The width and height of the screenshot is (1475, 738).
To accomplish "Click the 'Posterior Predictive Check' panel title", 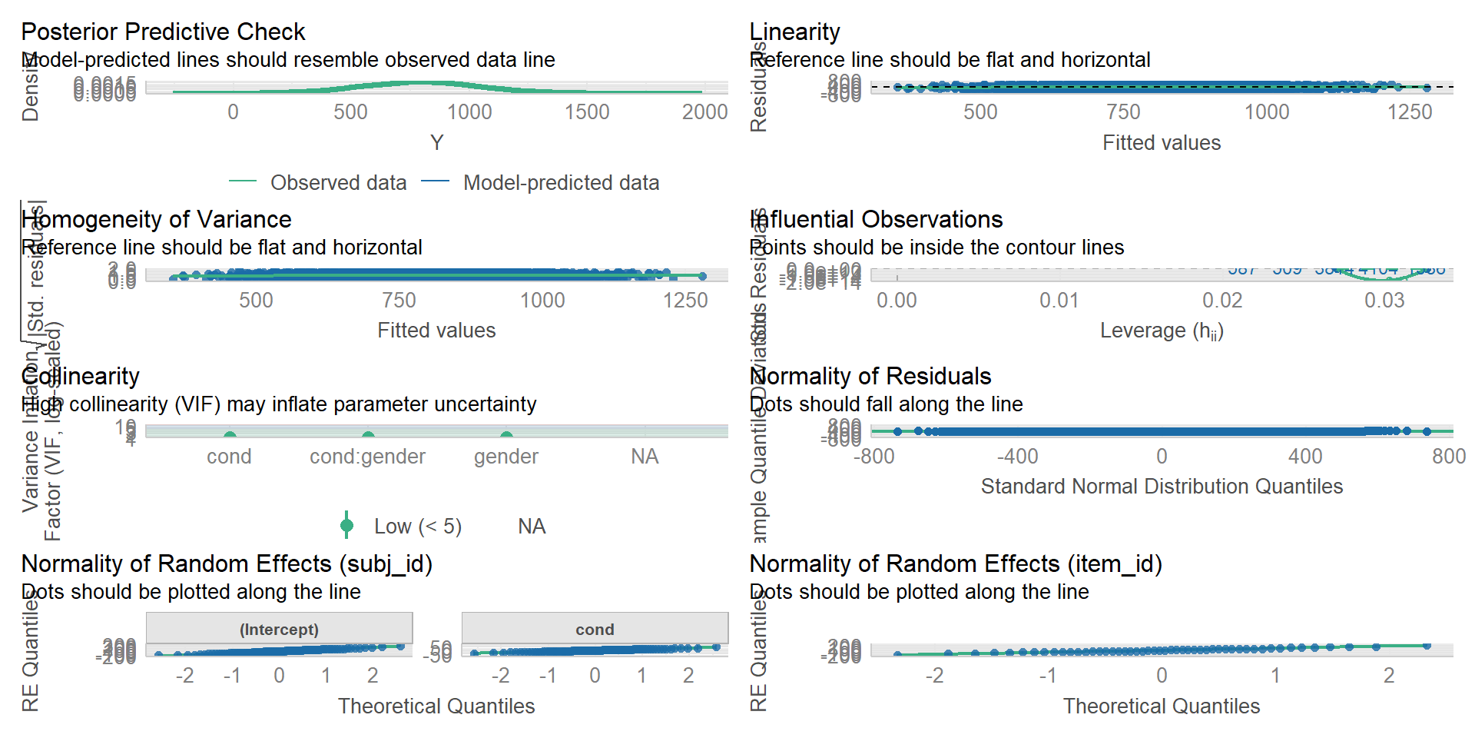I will (x=163, y=32).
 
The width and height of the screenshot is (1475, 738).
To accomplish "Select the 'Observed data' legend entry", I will (x=338, y=183).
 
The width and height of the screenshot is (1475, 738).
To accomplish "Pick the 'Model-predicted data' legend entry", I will (x=561, y=183).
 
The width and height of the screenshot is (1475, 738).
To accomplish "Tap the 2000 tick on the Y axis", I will (x=704, y=112).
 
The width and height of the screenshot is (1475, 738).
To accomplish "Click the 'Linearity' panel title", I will (x=794, y=32).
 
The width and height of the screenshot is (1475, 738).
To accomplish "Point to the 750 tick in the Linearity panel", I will (x=1123, y=112).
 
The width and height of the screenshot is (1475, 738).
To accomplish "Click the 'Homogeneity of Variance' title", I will (x=156, y=219).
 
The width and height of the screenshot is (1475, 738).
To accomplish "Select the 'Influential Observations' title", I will (x=876, y=219).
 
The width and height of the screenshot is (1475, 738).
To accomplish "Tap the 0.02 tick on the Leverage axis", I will (x=1222, y=300).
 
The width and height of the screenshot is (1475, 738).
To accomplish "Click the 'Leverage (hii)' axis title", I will (x=1162, y=331).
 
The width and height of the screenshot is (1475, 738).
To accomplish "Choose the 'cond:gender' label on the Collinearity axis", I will (x=367, y=457).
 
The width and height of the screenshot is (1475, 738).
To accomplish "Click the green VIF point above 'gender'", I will (x=506, y=435).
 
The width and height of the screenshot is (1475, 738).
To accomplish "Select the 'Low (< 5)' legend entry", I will (x=417, y=527).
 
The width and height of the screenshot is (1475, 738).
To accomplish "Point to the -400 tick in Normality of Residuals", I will (x=1017, y=457).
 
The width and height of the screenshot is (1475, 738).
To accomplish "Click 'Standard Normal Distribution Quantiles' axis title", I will (x=1162, y=487).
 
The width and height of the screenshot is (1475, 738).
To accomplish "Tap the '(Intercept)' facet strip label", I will (x=279, y=630).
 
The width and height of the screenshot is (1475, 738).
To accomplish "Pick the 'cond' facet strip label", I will (x=595, y=630).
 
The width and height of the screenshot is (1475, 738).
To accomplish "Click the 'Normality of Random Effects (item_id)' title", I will (x=956, y=563).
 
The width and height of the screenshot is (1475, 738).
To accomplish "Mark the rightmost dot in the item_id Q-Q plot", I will (x=1427, y=646).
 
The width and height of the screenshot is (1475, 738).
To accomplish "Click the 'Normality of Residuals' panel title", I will (x=870, y=376).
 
